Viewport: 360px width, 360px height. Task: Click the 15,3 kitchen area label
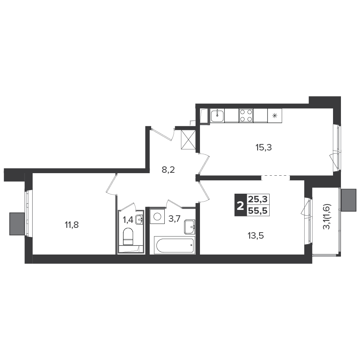(264, 148)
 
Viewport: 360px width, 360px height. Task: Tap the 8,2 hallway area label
(168, 170)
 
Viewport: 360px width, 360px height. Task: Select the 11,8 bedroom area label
(72, 225)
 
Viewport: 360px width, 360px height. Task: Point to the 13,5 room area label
(256, 236)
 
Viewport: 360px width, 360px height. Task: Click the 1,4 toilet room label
(128, 220)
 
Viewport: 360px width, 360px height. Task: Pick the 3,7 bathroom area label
(174, 219)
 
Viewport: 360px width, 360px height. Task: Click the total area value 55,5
(258, 211)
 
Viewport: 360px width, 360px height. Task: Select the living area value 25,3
(258, 199)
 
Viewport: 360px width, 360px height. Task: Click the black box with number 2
(240, 205)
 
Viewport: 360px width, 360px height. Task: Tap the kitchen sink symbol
(217, 116)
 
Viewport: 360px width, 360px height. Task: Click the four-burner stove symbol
(246, 116)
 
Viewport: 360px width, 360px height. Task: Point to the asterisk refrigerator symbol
(275, 116)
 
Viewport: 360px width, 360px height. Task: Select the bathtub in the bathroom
(175, 246)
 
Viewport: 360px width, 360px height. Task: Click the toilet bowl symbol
(128, 237)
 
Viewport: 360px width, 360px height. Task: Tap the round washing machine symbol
(157, 217)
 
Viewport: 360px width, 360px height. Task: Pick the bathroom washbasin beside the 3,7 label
(190, 227)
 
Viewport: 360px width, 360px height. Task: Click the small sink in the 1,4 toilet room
(139, 220)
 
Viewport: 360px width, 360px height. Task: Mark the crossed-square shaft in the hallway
(188, 140)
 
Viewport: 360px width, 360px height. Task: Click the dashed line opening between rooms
(275, 176)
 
